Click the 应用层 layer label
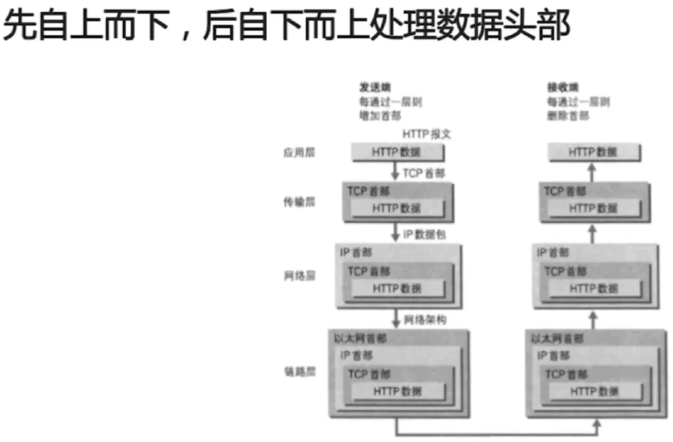299,153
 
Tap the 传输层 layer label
299,202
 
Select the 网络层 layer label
299,275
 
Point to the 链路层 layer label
299,372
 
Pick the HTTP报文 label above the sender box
426,134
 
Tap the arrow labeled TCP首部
396,172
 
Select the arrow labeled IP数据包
396,233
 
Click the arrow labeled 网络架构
396,319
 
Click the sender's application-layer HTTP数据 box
397,153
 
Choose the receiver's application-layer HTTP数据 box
593,153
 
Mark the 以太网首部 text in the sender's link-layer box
361,339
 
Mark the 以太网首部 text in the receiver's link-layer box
557,339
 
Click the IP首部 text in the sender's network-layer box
356,253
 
